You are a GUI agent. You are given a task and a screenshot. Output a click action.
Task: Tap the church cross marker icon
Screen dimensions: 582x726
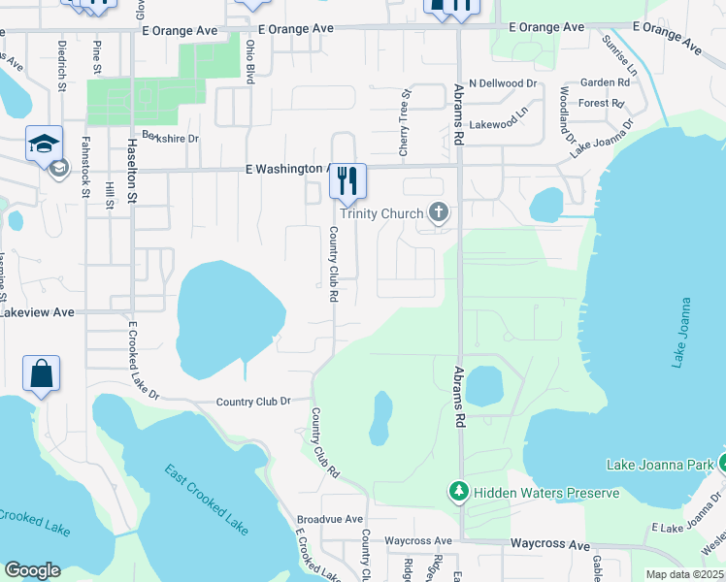click(438, 212)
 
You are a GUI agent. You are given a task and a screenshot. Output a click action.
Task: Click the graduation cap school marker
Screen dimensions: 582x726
click(44, 145)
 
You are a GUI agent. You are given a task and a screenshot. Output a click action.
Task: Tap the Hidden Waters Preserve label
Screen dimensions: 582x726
click(545, 493)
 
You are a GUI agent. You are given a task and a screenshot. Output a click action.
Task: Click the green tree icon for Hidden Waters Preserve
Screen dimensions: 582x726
click(458, 493)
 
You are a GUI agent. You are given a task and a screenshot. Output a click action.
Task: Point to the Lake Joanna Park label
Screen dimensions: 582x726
click(661, 465)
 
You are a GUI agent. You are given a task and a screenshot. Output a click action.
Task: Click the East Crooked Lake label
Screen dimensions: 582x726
click(207, 500)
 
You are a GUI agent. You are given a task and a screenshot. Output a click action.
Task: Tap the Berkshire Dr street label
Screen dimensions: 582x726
click(170, 139)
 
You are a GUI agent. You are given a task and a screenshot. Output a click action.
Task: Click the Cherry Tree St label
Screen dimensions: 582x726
click(406, 123)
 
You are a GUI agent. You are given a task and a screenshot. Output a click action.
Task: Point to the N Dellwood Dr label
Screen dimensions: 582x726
click(502, 84)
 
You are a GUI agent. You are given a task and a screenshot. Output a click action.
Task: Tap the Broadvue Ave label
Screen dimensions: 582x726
click(329, 520)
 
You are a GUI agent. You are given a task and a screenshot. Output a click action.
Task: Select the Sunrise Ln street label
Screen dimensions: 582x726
click(619, 57)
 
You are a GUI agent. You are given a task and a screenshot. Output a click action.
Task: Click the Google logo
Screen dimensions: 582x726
click(32, 570)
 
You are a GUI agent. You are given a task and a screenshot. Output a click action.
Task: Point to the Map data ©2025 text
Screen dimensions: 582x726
click(683, 574)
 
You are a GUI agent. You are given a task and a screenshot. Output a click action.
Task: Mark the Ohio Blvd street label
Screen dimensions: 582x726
click(250, 58)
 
